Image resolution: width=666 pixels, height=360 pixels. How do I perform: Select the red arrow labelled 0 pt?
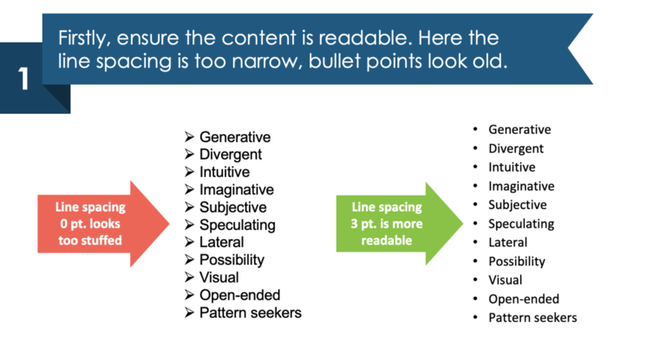(95, 223)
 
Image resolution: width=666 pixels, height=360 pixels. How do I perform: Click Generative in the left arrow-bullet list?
(235, 137)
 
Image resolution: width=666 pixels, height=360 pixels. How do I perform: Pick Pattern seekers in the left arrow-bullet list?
(251, 312)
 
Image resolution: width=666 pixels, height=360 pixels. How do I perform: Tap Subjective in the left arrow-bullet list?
(233, 207)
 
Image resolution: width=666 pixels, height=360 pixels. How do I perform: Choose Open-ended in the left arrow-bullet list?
(240, 295)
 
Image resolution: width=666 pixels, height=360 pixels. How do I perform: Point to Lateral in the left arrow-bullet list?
(222, 242)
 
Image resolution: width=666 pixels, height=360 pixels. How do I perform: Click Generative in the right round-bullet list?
(519, 129)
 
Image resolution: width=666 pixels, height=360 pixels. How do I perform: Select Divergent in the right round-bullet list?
(516, 148)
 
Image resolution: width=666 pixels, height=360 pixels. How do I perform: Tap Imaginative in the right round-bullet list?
(521, 186)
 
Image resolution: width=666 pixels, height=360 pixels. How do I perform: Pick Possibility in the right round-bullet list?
(517, 261)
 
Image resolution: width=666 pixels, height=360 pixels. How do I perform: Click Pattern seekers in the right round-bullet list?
(532, 317)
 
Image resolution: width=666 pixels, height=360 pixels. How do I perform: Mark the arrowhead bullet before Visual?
(190, 278)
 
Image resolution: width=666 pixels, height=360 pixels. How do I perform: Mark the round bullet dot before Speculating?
(474, 224)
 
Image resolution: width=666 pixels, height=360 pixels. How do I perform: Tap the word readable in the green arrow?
(388, 240)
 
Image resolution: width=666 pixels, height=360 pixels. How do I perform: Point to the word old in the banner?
(492, 62)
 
